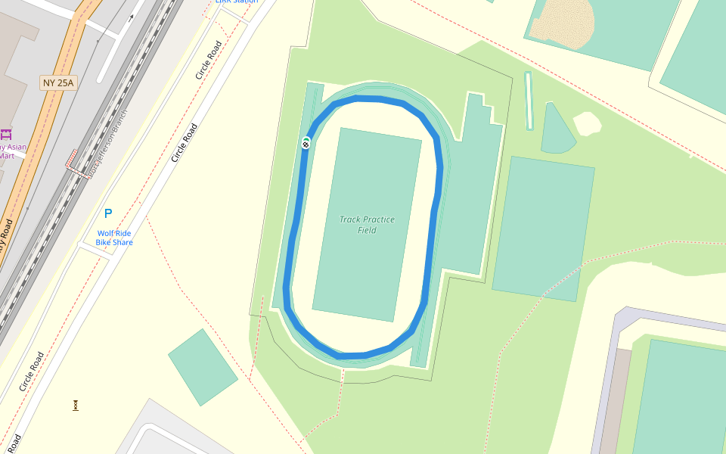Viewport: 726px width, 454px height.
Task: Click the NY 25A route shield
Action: [x=58, y=82]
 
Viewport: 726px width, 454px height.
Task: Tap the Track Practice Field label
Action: [x=367, y=225]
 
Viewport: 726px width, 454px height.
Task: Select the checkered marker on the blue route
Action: [x=306, y=143]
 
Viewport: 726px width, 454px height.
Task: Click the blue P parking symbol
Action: [x=108, y=214]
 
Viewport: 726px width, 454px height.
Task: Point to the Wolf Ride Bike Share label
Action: [x=114, y=238]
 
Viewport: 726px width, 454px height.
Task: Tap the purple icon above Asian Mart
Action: [x=6, y=135]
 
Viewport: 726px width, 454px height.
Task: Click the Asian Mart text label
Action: [x=11, y=151]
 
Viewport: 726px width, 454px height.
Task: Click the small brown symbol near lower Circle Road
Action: [x=76, y=406]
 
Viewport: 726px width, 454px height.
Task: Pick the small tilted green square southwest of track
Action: [x=203, y=367]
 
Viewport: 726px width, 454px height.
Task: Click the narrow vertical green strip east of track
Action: [x=529, y=101]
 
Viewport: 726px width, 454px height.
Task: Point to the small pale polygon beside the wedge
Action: [x=588, y=123]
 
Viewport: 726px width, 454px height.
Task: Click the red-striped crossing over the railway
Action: [x=72, y=158]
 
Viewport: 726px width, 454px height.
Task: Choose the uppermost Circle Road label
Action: [x=208, y=61]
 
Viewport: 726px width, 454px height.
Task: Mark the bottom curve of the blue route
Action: [x=352, y=356]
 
